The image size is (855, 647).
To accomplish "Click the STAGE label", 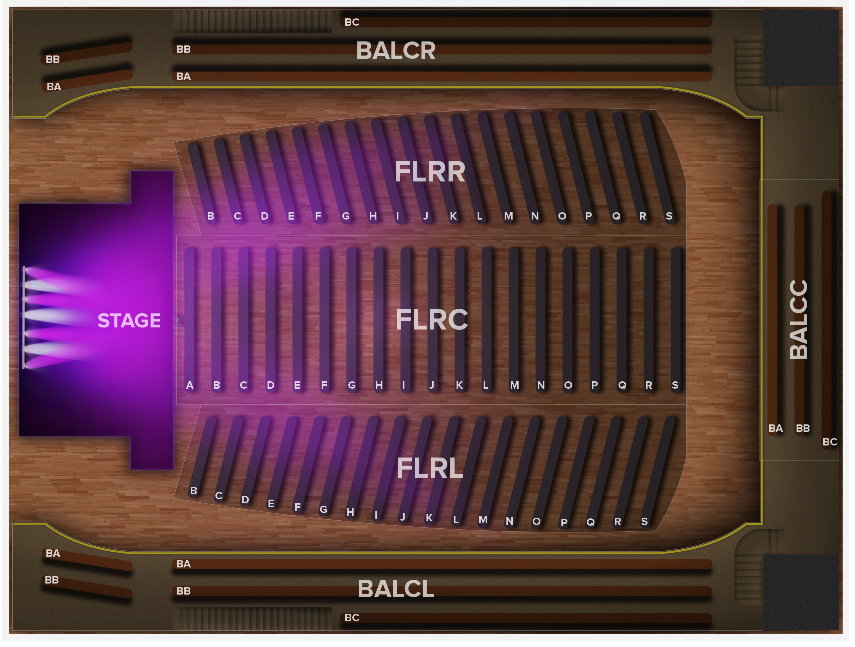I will [129, 320].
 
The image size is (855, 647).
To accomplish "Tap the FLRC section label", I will [432, 320].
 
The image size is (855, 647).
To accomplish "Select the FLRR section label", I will [430, 172].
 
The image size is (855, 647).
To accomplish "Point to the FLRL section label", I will [430, 468].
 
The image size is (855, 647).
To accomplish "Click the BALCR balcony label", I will [395, 51].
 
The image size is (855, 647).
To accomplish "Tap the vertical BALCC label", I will [799, 320].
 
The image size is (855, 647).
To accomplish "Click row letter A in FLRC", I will [189, 385].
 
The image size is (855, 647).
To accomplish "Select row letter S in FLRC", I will [675, 385].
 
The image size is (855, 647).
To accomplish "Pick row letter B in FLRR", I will [210, 216].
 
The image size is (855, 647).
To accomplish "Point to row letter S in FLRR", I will [669, 216].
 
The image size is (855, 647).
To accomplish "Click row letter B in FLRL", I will [194, 491].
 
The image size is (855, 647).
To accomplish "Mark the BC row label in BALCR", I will [352, 22].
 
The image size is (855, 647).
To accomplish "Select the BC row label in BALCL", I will [352, 618].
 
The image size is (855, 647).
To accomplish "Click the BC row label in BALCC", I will [830, 442].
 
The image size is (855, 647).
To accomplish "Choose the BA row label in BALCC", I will [776, 428].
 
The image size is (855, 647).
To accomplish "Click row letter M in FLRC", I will [514, 385].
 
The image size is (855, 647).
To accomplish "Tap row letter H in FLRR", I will [373, 216].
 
